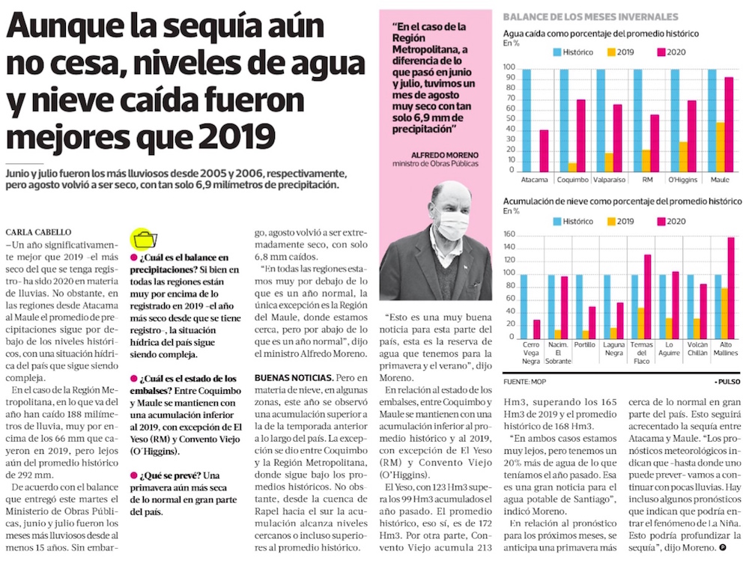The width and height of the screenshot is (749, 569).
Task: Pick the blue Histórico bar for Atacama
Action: [527, 121]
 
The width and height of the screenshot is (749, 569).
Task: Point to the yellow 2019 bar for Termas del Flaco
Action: [641, 322]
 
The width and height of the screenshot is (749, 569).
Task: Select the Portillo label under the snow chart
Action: [584, 345]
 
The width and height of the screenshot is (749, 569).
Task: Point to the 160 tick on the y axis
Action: [509, 234]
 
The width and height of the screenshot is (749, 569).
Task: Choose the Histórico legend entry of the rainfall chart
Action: [573, 52]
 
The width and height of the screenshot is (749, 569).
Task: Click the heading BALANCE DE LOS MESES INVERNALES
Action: [590, 16]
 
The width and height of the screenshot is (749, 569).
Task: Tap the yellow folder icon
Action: [145, 239]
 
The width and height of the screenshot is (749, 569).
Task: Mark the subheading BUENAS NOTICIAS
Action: [294, 378]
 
